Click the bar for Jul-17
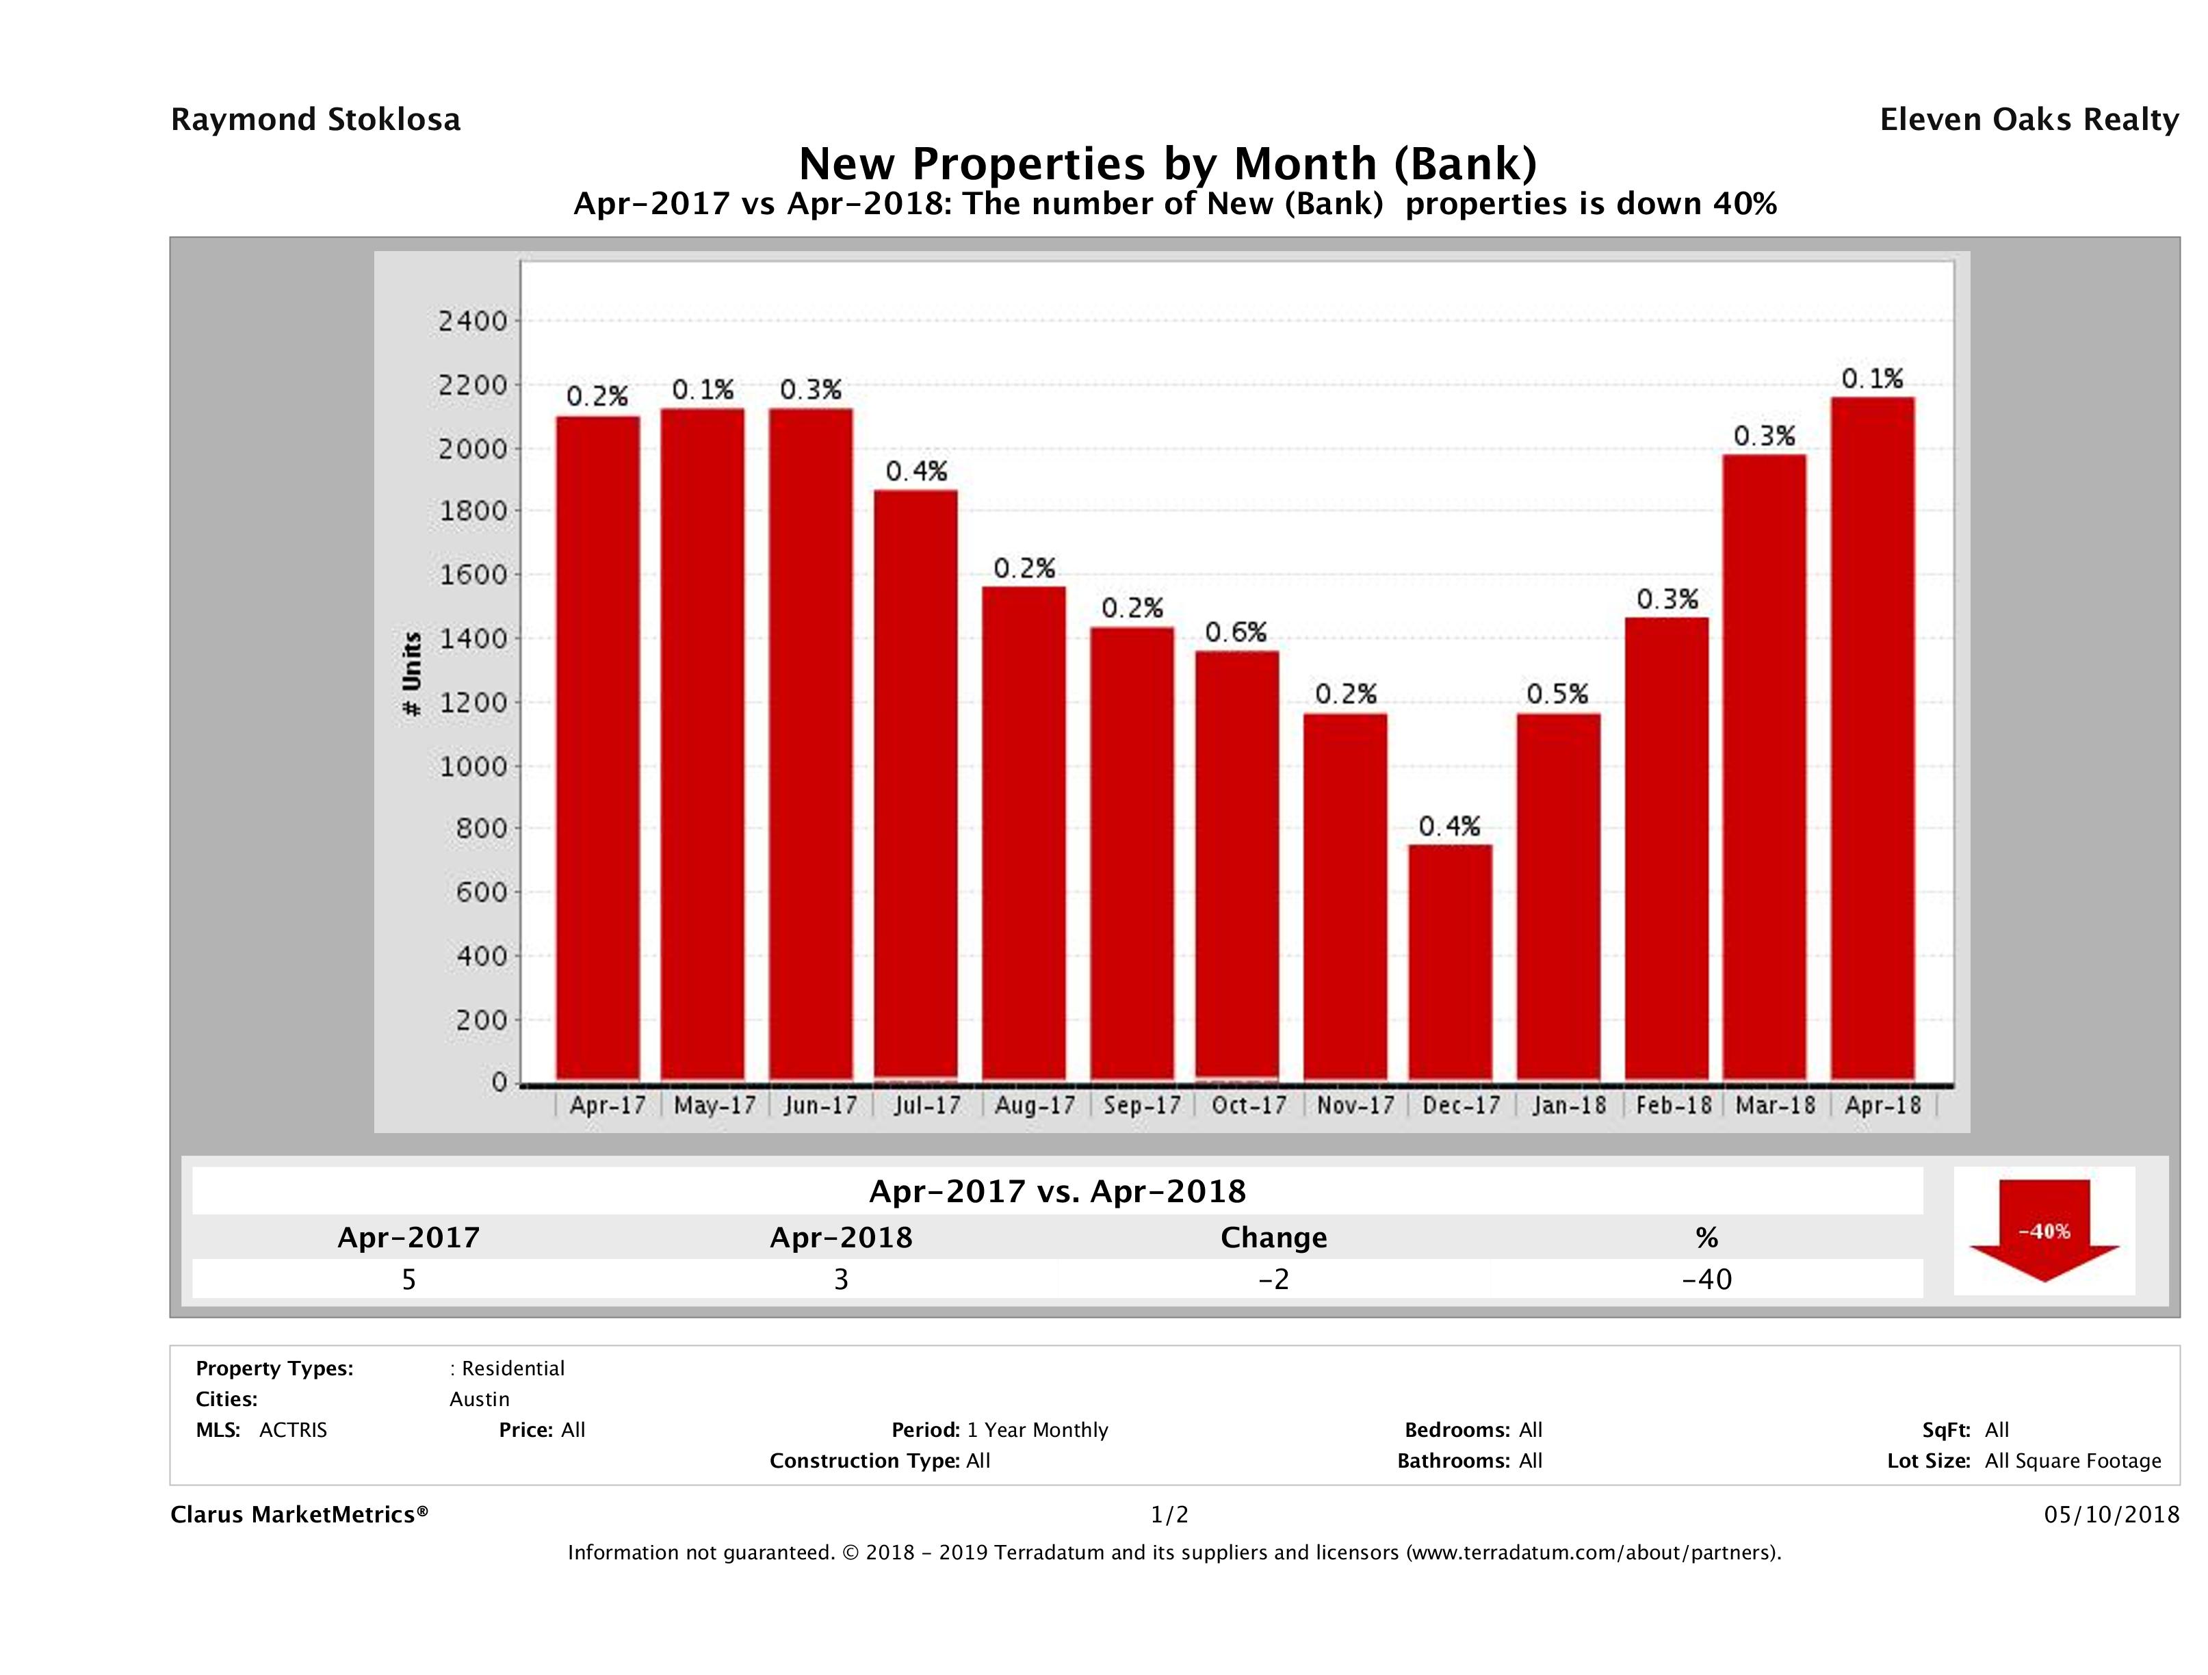click(915, 785)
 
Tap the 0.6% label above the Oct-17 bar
click(1236, 632)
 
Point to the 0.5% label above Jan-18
click(1557, 694)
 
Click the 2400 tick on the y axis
click(472, 322)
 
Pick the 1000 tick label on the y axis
click(472, 766)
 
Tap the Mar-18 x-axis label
click(1776, 1105)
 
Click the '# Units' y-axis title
click(411, 675)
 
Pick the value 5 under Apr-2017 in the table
click(408, 1279)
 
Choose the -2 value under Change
click(1274, 1279)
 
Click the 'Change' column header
click(1274, 1238)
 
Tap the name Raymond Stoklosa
click(315, 120)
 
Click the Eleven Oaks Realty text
click(2028, 120)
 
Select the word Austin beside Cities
click(479, 1399)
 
